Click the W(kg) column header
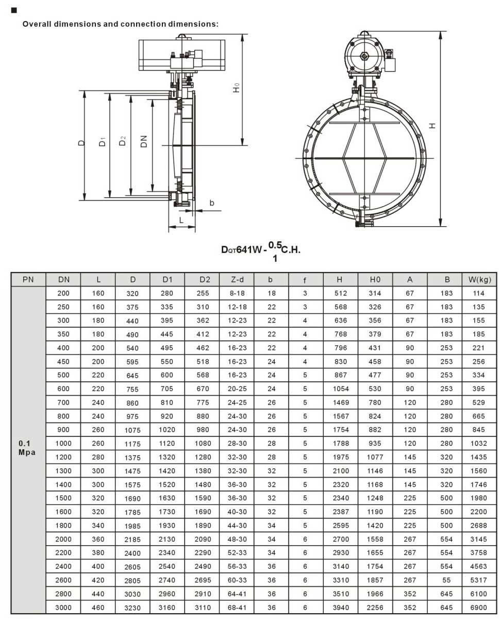pyautogui.click(x=479, y=279)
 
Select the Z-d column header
pyautogui.click(x=237, y=279)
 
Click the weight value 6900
pyautogui.click(x=478, y=608)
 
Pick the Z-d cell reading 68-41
pyautogui.click(x=237, y=608)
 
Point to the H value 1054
pyautogui.click(x=341, y=389)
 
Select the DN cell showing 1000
pyautogui.click(x=63, y=443)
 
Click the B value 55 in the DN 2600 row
pyautogui.click(x=446, y=580)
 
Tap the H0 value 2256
pyautogui.click(x=375, y=608)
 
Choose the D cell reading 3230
pyautogui.click(x=132, y=608)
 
